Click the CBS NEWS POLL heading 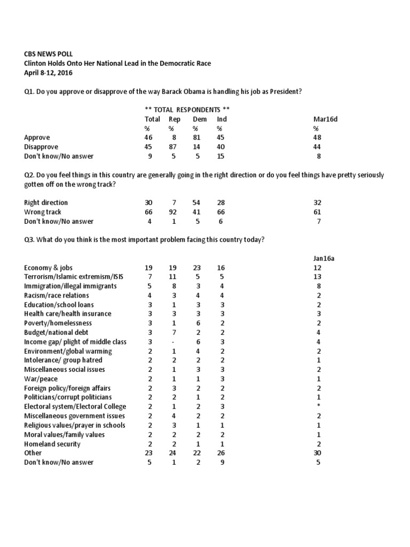coord(49,54)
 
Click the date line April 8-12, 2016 coord(49,72)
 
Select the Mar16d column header coord(325,119)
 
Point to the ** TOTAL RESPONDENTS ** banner coord(187,110)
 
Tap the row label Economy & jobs coord(49,268)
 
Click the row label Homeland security coord(52,444)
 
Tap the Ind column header coord(222,119)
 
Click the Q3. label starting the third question coord(29,240)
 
